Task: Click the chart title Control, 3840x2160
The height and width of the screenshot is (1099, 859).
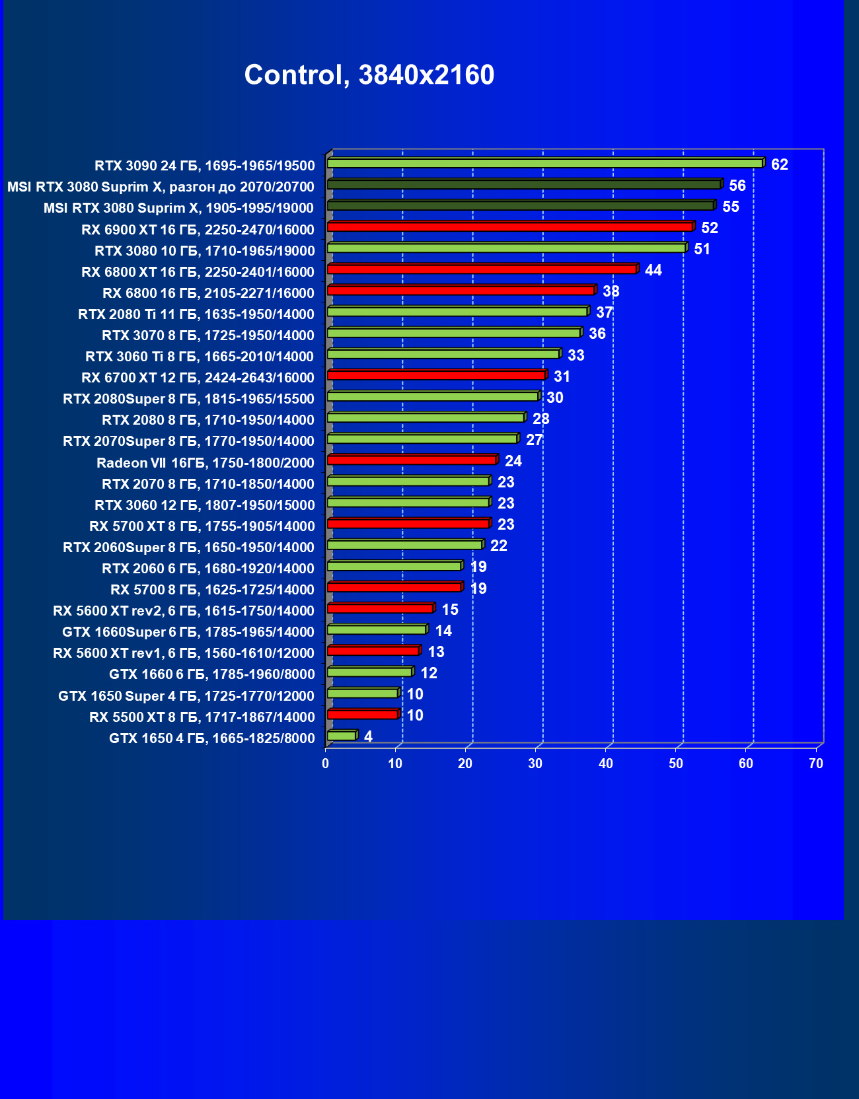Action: coord(369,75)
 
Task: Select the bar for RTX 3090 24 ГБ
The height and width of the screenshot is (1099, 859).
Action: coord(545,163)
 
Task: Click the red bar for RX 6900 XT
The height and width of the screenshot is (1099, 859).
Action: coord(509,227)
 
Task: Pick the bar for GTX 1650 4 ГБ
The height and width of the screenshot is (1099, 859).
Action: coord(342,736)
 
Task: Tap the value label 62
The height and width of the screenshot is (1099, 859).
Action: coord(780,164)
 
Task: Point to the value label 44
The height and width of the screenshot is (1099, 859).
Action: coord(653,270)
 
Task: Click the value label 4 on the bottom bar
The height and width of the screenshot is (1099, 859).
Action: coord(368,736)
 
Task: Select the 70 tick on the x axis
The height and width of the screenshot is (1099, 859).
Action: coord(816,763)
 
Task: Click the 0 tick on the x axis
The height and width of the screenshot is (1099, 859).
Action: coord(325,763)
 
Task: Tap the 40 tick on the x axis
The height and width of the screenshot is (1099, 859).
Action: coord(605,763)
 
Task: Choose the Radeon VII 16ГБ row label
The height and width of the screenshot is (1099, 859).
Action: coord(205,462)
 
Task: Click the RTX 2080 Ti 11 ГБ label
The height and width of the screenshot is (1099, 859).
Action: coord(196,314)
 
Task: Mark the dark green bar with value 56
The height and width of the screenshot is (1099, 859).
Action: coord(524,184)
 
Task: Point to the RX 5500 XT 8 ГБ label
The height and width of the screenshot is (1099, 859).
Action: coord(202,717)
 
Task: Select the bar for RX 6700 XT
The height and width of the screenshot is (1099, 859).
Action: coord(436,375)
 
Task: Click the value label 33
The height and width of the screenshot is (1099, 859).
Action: coord(576,355)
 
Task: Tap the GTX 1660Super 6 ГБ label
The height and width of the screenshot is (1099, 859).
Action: coord(188,632)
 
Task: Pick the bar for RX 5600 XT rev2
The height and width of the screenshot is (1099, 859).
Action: coord(380,608)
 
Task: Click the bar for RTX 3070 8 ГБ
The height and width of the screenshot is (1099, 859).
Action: coord(454,333)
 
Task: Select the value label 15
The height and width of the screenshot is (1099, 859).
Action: coord(450,610)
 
